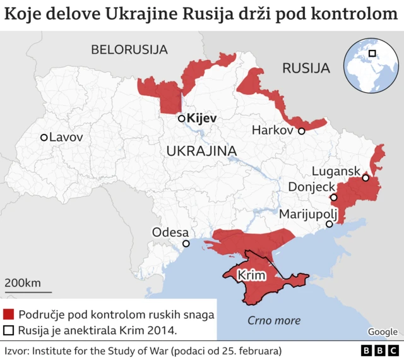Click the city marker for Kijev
(x=181, y=118)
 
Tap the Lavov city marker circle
(x=44, y=137)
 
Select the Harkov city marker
(x=302, y=131)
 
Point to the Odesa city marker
(x=186, y=244)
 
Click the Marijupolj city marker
(x=329, y=224)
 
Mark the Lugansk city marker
(x=365, y=178)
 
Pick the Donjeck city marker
(x=334, y=198)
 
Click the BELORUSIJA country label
(x=129, y=49)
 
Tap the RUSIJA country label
(x=306, y=68)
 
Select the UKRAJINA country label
(x=201, y=151)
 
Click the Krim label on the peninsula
(x=251, y=276)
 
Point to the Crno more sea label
(x=273, y=320)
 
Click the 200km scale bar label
(x=23, y=282)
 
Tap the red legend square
(x=9, y=315)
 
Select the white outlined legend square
(x=9, y=330)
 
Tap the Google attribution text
(x=383, y=332)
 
